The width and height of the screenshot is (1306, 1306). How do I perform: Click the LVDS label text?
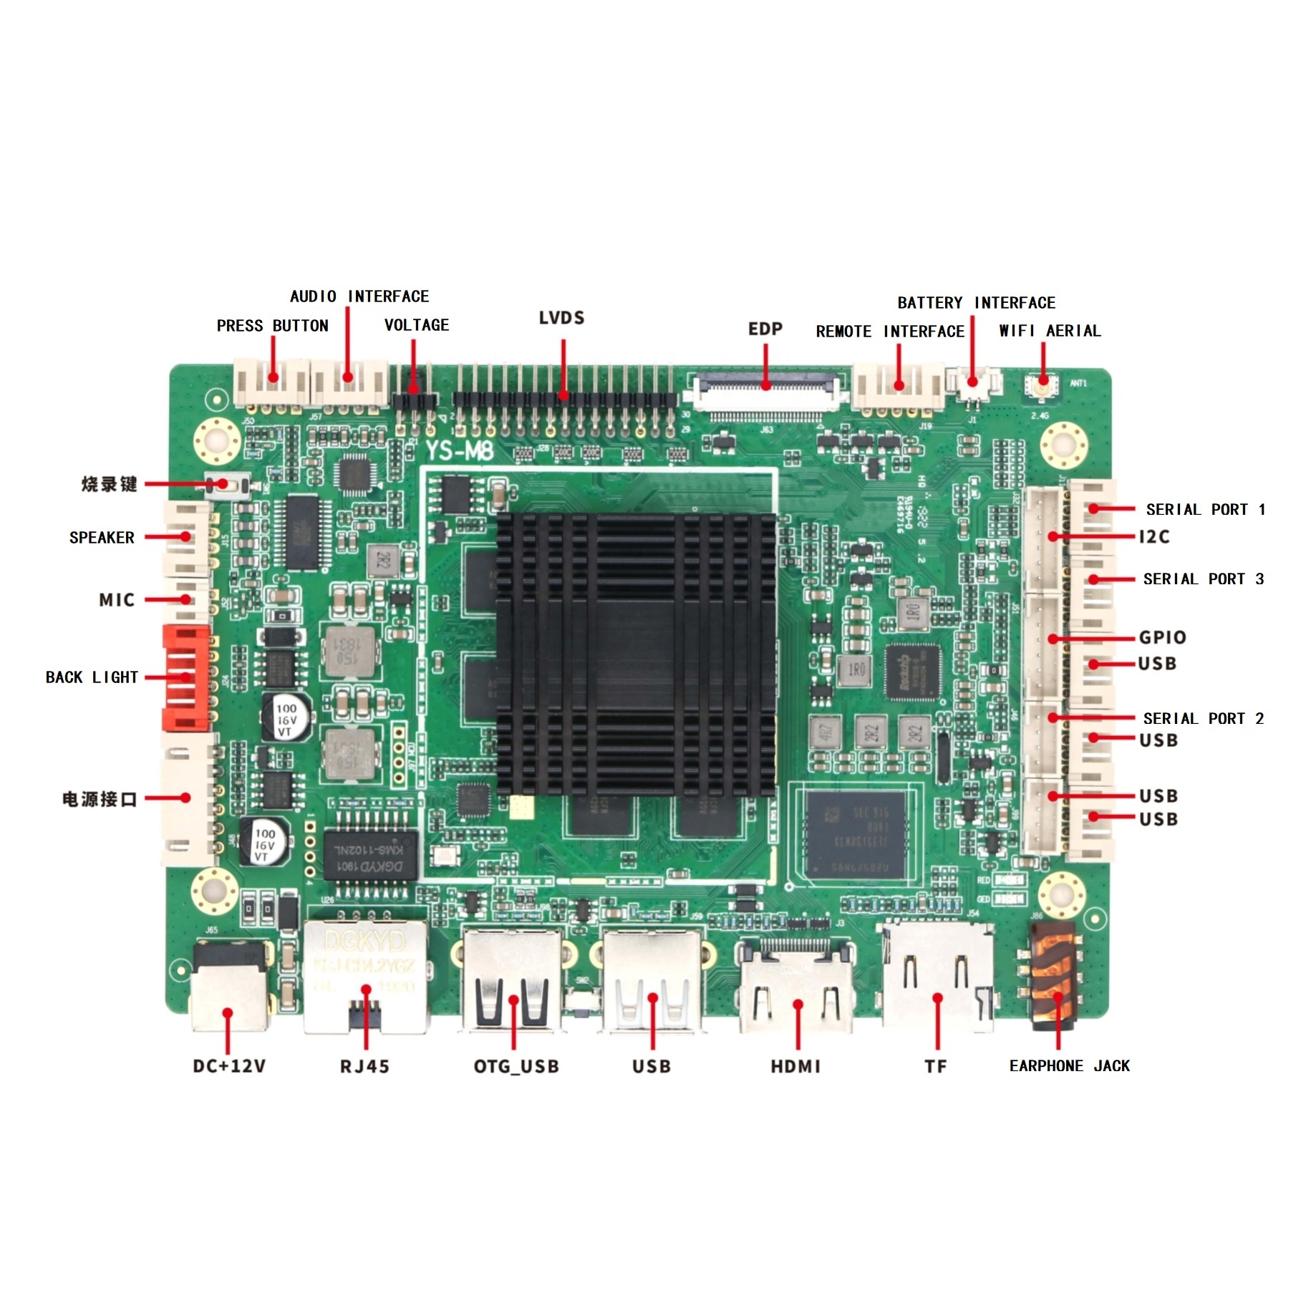(x=561, y=318)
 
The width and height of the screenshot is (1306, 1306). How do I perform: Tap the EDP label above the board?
(x=765, y=329)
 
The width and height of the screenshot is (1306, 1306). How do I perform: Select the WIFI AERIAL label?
(x=1049, y=331)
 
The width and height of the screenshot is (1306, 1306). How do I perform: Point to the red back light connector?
(x=186, y=677)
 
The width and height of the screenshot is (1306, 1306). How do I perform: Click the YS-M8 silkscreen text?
(x=459, y=451)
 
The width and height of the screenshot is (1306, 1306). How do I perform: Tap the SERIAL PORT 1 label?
(x=1205, y=510)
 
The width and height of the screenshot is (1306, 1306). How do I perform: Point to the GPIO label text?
(x=1162, y=637)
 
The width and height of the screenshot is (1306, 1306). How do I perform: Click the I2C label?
(x=1153, y=537)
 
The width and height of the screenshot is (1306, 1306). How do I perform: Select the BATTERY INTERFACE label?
(x=976, y=303)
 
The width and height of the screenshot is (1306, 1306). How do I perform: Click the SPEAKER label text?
(x=102, y=538)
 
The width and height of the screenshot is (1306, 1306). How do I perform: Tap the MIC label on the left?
(x=117, y=600)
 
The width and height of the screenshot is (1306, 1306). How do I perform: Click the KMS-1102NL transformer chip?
(x=369, y=856)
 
